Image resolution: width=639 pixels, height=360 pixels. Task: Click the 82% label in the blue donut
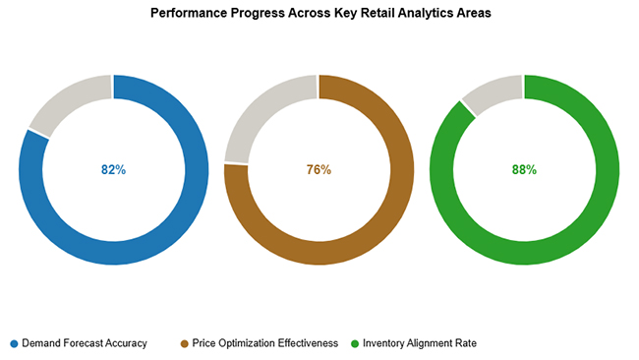click(x=113, y=169)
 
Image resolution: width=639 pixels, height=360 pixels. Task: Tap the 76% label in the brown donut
click(x=319, y=169)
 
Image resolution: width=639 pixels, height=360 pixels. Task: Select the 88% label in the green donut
click(x=524, y=169)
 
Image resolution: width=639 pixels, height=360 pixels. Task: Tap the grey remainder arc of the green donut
click(x=492, y=91)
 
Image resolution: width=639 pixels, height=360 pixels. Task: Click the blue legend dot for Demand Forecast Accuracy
click(x=14, y=343)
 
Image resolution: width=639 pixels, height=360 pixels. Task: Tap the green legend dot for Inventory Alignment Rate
click(x=355, y=343)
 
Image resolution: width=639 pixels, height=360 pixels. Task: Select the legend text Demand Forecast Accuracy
click(x=85, y=343)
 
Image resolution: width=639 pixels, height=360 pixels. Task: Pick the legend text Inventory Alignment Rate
click(x=420, y=343)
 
